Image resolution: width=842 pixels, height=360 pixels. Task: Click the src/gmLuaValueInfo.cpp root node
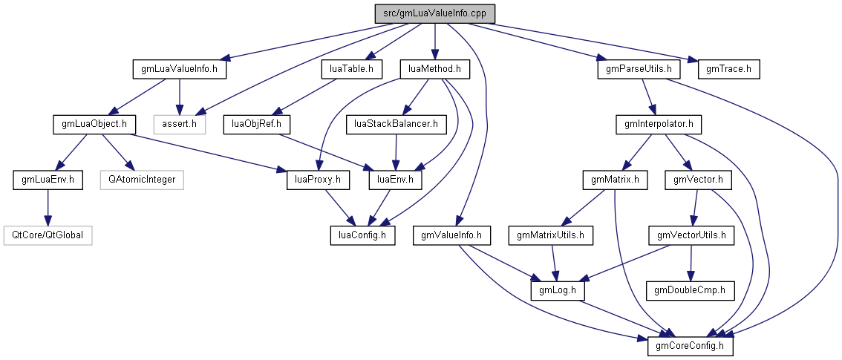[434, 14]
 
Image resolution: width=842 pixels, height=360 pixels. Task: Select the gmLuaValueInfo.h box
[179, 69]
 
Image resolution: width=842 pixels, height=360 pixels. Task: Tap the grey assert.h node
[179, 124]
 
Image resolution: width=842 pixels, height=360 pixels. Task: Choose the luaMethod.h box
[435, 69]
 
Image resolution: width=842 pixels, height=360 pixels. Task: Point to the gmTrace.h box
[729, 69]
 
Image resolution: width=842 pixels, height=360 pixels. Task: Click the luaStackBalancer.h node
[396, 124]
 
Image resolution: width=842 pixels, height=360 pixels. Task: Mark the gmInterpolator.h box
[659, 124]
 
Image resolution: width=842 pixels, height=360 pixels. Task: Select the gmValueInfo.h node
[452, 235]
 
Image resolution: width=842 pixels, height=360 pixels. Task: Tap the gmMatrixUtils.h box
[552, 235]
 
